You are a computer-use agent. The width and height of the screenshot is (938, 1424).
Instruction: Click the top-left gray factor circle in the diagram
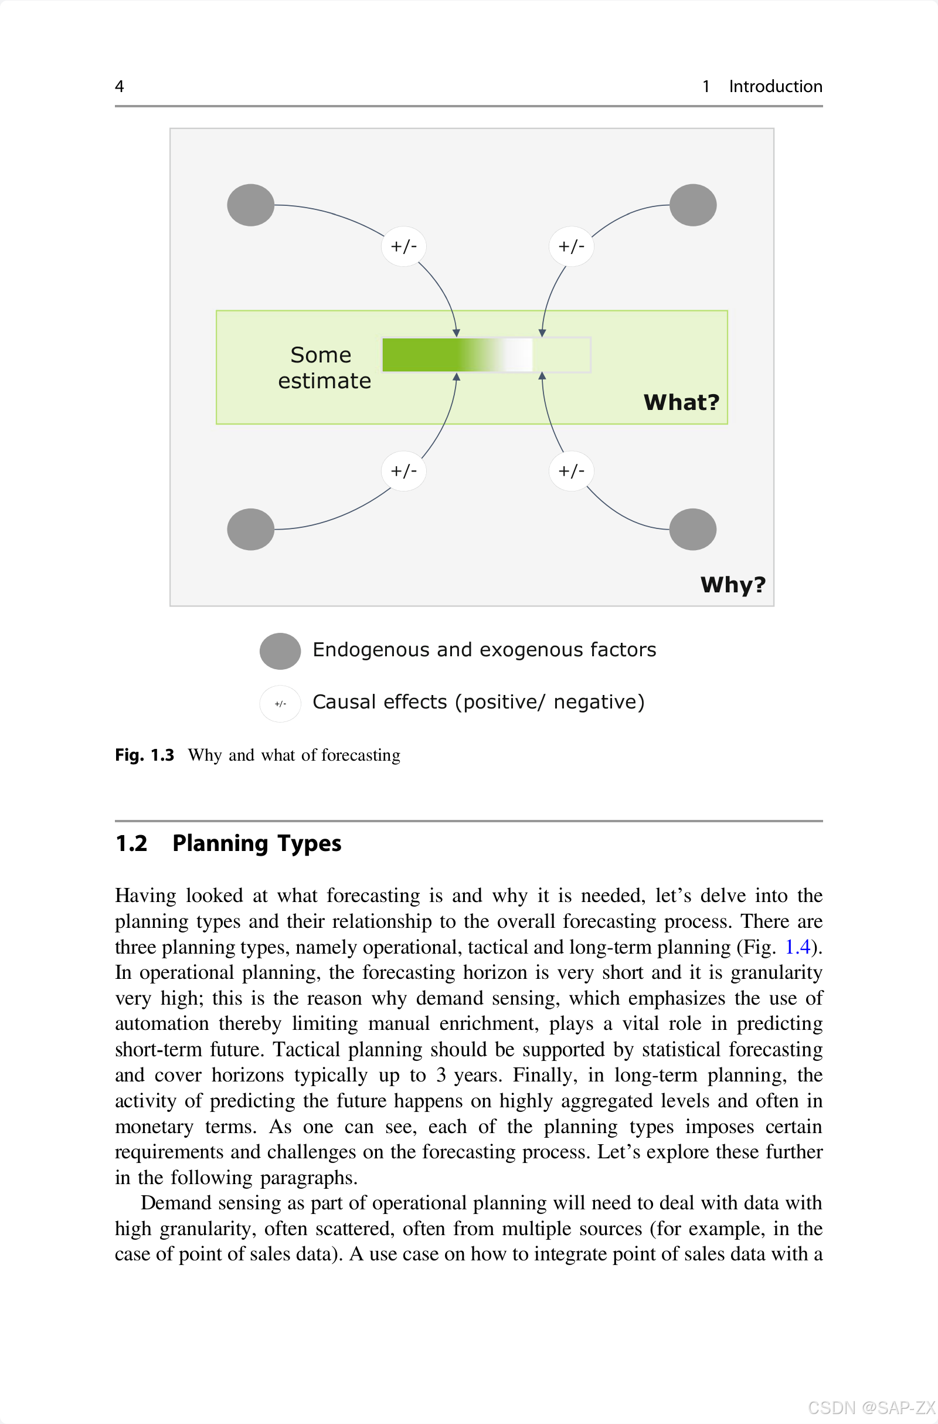(251, 205)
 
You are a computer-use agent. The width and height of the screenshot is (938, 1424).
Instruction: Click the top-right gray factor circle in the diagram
(693, 205)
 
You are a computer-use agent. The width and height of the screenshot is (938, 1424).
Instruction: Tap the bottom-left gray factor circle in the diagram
(251, 530)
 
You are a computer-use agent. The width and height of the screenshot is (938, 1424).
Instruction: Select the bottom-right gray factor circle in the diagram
(693, 530)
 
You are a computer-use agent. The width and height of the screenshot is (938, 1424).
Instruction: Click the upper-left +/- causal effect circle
(404, 246)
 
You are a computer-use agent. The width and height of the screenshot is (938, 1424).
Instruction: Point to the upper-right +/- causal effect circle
(571, 246)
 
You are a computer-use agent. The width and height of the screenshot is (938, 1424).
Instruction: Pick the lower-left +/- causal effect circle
(404, 472)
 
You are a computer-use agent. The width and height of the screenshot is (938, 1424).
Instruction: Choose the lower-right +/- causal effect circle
(571, 472)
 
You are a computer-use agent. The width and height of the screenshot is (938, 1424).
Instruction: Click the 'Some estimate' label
(324, 368)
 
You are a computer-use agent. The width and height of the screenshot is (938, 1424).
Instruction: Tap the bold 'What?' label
(681, 403)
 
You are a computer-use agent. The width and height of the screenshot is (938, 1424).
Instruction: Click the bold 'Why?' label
(733, 585)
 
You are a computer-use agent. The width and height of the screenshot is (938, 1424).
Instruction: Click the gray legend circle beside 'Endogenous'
(280, 651)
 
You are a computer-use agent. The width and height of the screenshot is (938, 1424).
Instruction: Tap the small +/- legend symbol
(280, 704)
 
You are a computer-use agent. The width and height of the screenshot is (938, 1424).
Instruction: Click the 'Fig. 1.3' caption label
(144, 755)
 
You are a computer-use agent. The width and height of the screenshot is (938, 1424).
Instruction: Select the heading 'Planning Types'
(257, 843)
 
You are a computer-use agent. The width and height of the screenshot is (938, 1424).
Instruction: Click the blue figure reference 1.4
(797, 947)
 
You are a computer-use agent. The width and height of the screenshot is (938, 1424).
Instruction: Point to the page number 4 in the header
(120, 87)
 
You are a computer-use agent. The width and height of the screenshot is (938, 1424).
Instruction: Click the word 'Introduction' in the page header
(775, 87)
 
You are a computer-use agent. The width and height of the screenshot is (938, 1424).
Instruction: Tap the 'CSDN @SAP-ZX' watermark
(872, 1407)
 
